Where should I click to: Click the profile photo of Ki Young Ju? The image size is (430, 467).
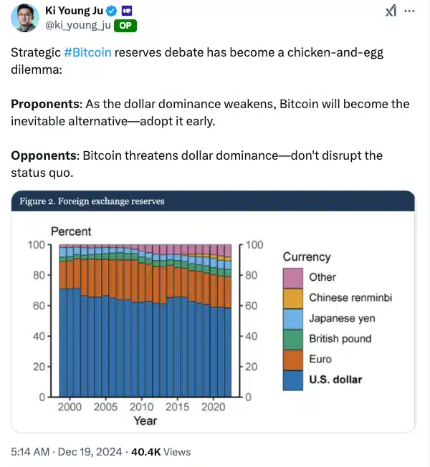click(x=25, y=18)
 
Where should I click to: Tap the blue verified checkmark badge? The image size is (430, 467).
click(x=112, y=11)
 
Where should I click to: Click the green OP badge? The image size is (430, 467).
click(x=125, y=26)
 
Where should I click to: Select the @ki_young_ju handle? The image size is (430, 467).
click(x=78, y=25)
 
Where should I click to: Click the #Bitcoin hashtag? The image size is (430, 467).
click(x=87, y=52)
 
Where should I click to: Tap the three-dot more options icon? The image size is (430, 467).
click(x=409, y=11)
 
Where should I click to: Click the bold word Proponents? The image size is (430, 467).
click(x=45, y=105)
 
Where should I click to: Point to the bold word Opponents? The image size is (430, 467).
click(x=44, y=155)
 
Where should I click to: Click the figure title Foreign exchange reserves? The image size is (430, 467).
click(x=111, y=201)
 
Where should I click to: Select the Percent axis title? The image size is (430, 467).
click(x=71, y=231)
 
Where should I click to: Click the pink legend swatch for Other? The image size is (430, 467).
click(x=293, y=278)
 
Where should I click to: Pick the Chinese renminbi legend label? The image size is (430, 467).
click(x=350, y=297)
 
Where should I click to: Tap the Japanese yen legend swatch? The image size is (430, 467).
click(x=293, y=319)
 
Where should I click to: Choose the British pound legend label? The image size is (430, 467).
click(x=340, y=339)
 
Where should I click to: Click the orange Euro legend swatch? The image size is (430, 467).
click(x=293, y=360)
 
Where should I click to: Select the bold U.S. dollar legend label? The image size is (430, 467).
click(x=335, y=380)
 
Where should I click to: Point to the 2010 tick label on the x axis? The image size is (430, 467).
click(x=142, y=407)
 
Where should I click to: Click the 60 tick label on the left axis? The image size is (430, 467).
click(x=39, y=306)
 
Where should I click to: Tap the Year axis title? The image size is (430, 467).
click(x=145, y=421)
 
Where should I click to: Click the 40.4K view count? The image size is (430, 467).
click(x=146, y=452)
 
